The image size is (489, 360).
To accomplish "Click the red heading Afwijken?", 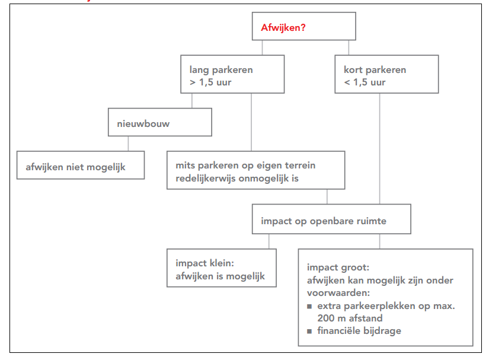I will point(283,27).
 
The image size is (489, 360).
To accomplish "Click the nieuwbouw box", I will point(160,122).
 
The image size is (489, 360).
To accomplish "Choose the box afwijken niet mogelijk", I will point(80,165).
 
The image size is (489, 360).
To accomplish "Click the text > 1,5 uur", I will point(210,82).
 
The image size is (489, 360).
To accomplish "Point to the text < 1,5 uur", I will point(365,82).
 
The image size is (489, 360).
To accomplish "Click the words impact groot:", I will point(338,268).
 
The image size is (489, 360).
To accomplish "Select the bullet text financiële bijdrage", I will point(359,330).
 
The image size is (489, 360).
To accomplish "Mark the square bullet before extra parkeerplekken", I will point(309,307).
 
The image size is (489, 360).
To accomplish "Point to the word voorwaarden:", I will point(338,293).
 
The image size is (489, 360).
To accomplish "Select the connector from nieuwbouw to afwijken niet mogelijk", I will point(128,144).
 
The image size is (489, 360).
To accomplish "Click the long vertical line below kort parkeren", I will point(380,148).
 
